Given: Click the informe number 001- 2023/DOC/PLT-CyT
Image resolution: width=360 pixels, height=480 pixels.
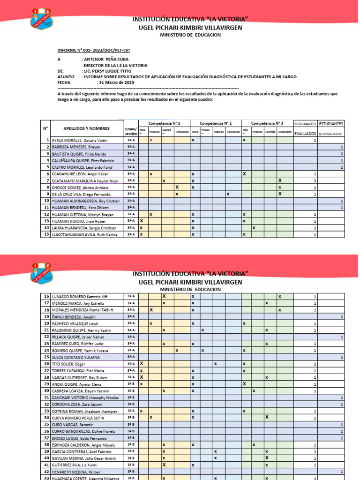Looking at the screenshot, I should [x=94, y=50].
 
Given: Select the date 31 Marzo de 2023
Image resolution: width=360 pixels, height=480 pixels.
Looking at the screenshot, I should [x=115, y=82].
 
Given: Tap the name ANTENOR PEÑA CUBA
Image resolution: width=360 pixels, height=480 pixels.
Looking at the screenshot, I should [x=106, y=60].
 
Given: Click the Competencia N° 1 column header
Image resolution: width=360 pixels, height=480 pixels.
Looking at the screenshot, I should [x=164, y=123].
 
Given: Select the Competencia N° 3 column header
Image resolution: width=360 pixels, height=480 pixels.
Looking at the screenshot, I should [x=267, y=123].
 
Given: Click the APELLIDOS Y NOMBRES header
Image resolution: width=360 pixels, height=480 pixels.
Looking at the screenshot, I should [x=87, y=128].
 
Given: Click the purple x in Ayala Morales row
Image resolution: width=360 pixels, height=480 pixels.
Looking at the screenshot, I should [x=150, y=140].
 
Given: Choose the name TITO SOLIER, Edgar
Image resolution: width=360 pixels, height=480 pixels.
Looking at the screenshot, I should [x=69, y=364].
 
